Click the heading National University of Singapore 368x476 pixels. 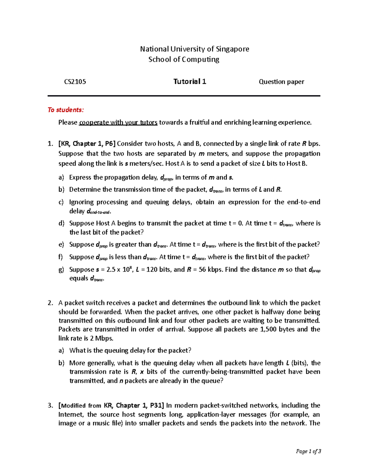click(194, 49)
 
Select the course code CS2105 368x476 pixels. click(75, 82)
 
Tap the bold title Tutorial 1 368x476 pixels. click(190, 82)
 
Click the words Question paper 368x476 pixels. click(281, 82)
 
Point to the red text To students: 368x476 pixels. click(65, 110)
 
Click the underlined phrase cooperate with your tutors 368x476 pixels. click(118, 123)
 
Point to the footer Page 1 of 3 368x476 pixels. click(308, 451)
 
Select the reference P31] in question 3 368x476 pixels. click(157, 406)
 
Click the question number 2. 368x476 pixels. click(50, 303)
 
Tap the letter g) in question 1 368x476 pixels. click(61, 270)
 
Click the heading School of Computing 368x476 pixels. click(184, 59)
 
